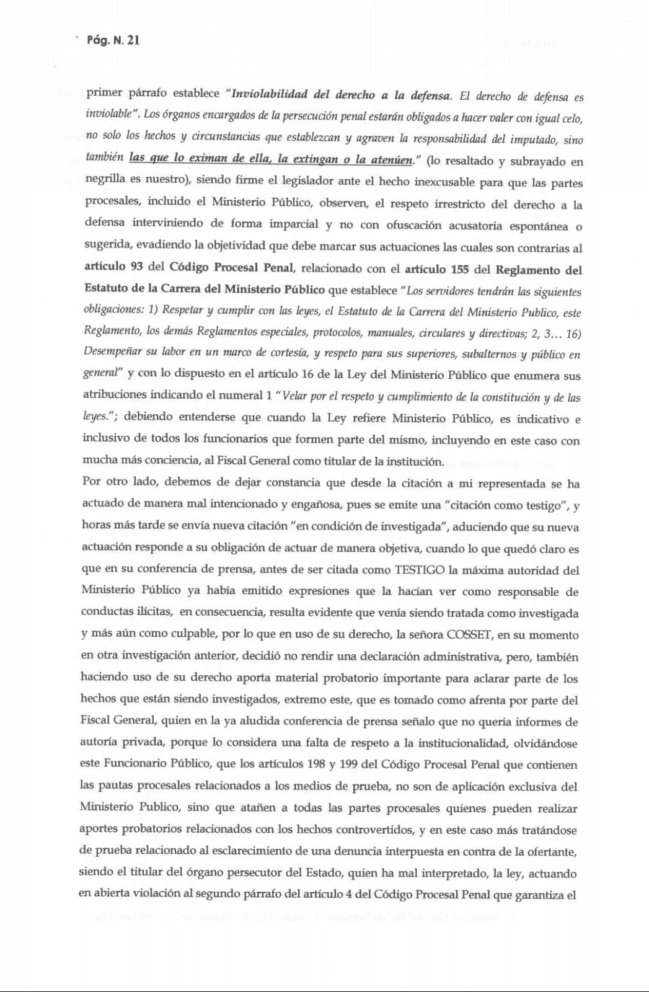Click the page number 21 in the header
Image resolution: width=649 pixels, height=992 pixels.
[x=133, y=41]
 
